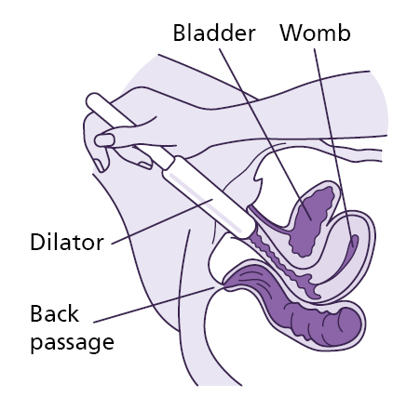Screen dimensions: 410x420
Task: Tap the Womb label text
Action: click(315, 33)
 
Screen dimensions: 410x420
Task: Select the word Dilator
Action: click(68, 245)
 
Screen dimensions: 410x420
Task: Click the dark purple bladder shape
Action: click(312, 218)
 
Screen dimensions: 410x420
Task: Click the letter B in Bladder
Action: click(179, 33)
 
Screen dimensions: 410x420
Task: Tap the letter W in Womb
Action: click(291, 33)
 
